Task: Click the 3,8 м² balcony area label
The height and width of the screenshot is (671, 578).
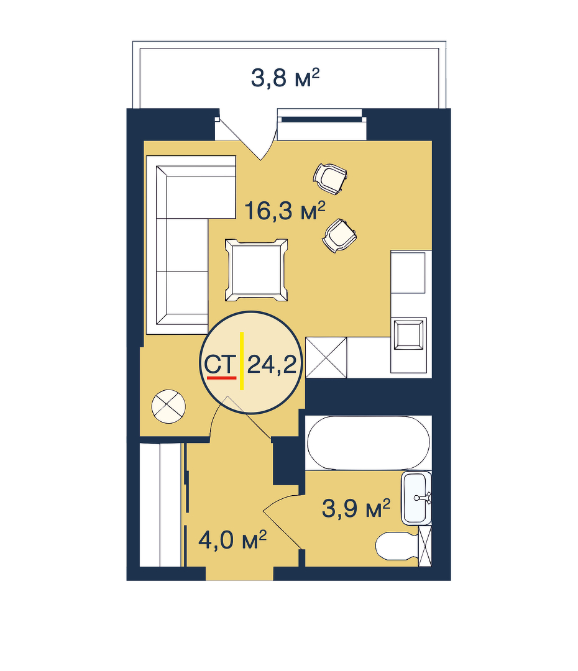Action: (x=285, y=78)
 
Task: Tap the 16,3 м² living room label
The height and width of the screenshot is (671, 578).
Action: (x=285, y=211)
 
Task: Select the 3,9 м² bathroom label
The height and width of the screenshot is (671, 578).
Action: (x=356, y=508)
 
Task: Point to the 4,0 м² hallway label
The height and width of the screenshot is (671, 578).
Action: (x=232, y=540)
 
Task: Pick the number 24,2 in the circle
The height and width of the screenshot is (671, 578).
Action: (x=272, y=365)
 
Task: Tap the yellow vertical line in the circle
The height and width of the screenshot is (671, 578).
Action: (x=242, y=361)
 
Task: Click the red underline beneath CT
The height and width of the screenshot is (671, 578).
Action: (x=221, y=378)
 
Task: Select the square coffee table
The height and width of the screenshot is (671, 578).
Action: (x=257, y=270)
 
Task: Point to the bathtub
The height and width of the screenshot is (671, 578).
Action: (x=368, y=442)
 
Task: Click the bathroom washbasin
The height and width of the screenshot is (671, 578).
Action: (x=416, y=498)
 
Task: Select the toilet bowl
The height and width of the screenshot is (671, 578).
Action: (x=397, y=545)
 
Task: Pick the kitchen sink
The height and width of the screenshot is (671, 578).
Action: (x=409, y=334)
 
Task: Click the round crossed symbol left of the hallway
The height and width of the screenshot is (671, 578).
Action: (x=168, y=406)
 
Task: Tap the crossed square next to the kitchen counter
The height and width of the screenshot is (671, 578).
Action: (x=326, y=357)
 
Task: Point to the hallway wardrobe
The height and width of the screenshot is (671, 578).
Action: (x=161, y=505)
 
